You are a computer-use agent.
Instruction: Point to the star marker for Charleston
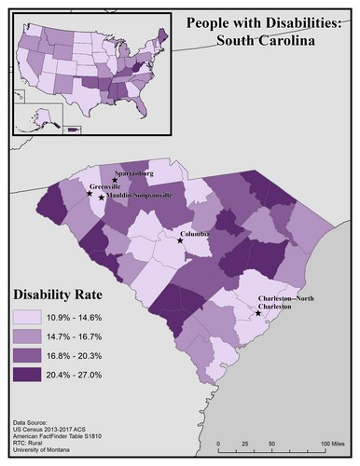point(258,313)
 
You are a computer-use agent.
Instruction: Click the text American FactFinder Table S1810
point(59,438)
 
